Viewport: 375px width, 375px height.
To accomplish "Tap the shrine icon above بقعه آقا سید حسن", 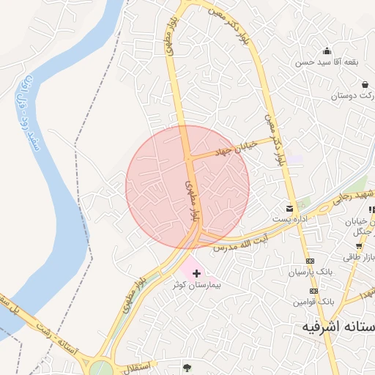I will pos(326,51).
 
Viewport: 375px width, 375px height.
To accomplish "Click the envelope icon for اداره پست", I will pos(290,209).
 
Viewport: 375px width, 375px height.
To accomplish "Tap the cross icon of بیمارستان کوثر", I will pos(196,273).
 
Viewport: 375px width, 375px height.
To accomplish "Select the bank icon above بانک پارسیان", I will pos(310,261).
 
